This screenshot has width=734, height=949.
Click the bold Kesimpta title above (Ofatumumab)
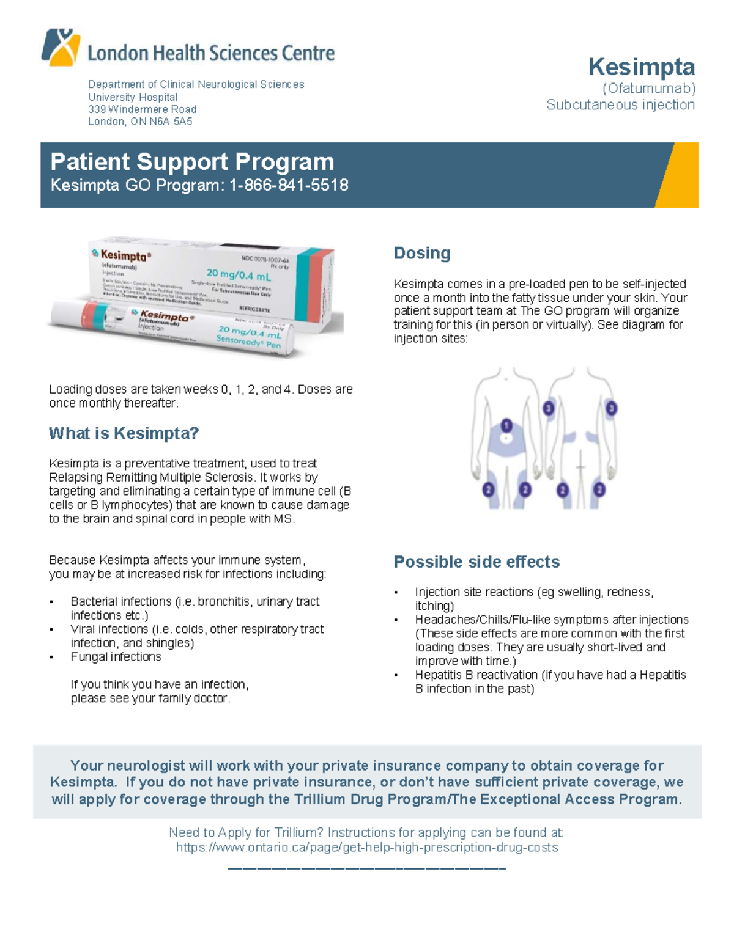tap(641, 66)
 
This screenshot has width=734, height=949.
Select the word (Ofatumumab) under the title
tap(649, 89)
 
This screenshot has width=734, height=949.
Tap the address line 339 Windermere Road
tap(142, 109)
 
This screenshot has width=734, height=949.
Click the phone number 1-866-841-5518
tap(289, 185)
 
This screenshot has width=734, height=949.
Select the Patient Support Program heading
tap(192, 162)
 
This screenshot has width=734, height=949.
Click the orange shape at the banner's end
tap(678, 175)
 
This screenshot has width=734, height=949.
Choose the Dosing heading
tap(421, 253)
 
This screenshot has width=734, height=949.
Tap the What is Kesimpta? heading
tap(124, 433)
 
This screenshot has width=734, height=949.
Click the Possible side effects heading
tap(476, 562)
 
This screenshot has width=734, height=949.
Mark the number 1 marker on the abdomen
tap(506, 425)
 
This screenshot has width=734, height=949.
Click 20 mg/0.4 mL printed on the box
tap(239, 274)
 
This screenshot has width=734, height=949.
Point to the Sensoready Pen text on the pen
tap(248, 343)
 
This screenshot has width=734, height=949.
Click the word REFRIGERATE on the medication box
tap(254, 310)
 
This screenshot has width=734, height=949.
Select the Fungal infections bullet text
tap(116, 657)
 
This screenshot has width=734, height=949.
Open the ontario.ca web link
tap(366, 848)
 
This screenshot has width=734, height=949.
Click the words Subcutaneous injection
tap(620, 105)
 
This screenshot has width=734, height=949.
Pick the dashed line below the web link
tap(366, 868)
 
